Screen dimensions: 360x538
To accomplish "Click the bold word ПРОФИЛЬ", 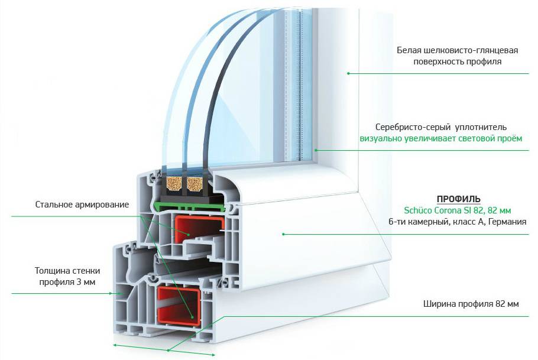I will coord(458,198).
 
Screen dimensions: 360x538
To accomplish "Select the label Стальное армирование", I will coord(81,205).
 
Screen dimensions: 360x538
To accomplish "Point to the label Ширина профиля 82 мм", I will coord(471,304).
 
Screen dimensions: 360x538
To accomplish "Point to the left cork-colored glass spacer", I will coord(175,185).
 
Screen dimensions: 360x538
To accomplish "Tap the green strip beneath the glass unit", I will coord(189,206).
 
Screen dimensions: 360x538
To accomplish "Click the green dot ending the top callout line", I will coord(348,73).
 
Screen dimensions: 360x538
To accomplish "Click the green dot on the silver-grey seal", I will coord(315,150).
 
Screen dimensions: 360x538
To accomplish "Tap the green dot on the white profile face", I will coord(284,234).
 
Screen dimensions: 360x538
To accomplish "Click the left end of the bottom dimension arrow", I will coord(114,344).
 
